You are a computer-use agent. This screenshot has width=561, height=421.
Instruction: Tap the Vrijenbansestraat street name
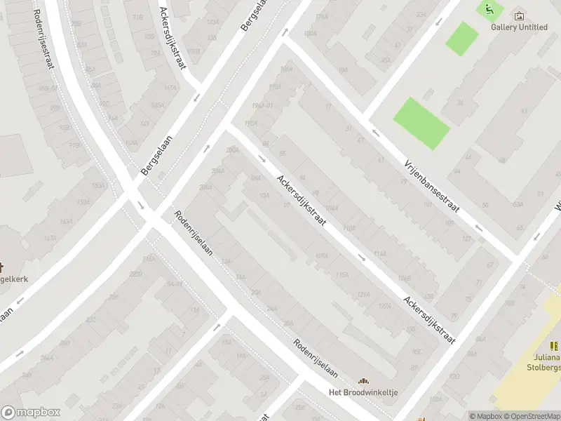pos(431,186)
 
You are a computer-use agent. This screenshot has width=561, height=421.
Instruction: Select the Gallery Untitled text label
pos(519,27)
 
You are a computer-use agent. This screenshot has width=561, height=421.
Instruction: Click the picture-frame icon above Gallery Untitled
pos(519,15)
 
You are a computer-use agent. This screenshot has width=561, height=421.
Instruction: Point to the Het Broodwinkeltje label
pos(364,392)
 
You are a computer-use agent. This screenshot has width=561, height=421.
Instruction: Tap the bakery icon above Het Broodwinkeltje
pos(364,380)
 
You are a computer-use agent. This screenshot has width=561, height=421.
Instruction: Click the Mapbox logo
pos(32,413)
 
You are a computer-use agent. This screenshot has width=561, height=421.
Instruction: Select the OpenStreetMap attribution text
pos(531,416)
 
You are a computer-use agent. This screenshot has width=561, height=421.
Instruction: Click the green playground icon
pos(489,9)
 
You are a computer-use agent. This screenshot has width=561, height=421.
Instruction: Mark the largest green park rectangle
pos(421,123)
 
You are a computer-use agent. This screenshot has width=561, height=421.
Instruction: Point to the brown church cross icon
pos(2,267)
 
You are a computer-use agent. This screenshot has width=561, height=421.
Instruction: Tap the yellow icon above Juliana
pos(553,345)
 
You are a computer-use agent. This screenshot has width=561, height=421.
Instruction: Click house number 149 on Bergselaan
pos(145,123)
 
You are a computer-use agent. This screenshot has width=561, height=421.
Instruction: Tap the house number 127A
pos(467,238)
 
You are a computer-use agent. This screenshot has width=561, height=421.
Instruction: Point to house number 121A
pos(364,295)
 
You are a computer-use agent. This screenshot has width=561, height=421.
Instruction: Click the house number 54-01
pos(175,284)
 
